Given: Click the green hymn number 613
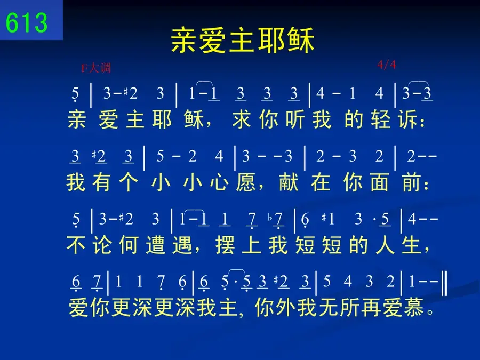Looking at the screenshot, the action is click(x=27, y=22).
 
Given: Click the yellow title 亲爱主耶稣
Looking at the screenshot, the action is click(x=243, y=40).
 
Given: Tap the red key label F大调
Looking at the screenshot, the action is click(x=96, y=68).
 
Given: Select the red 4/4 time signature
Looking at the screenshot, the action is click(x=386, y=65).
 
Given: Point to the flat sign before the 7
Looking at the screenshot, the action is click(x=270, y=218).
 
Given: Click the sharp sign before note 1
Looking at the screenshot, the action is click(x=324, y=218).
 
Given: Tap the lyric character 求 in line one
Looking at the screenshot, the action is click(x=242, y=119).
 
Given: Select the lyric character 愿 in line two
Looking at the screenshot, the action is click(x=246, y=182).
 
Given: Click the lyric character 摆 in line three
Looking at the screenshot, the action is click(x=225, y=245).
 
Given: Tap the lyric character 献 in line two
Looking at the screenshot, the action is click(x=289, y=182).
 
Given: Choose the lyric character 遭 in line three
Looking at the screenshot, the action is click(x=156, y=245).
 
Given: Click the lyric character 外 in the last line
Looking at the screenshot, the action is click(x=285, y=308).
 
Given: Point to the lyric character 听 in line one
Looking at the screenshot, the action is click(x=295, y=119).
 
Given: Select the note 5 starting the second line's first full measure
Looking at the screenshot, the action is click(x=160, y=156).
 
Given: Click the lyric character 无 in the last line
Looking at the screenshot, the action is click(x=329, y=308).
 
